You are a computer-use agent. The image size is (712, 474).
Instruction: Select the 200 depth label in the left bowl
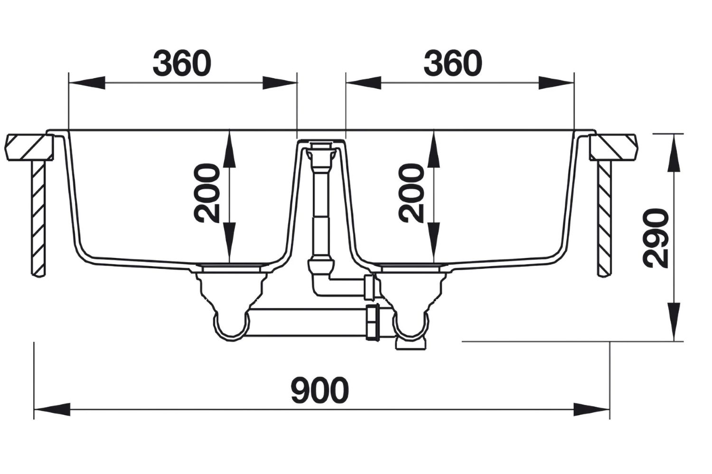pyautogui.click(x=208, y=193)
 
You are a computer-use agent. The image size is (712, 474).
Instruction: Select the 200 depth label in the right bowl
pyautogui.click(x=411, y=193)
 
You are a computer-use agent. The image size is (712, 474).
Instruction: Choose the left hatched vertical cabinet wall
pyautogui.click(x=39, y=218)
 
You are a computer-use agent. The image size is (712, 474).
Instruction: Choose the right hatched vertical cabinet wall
pyautogui.click(x=604, y=218)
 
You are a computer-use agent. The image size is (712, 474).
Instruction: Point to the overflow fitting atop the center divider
pyautogui.click(x=321, y=149)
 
